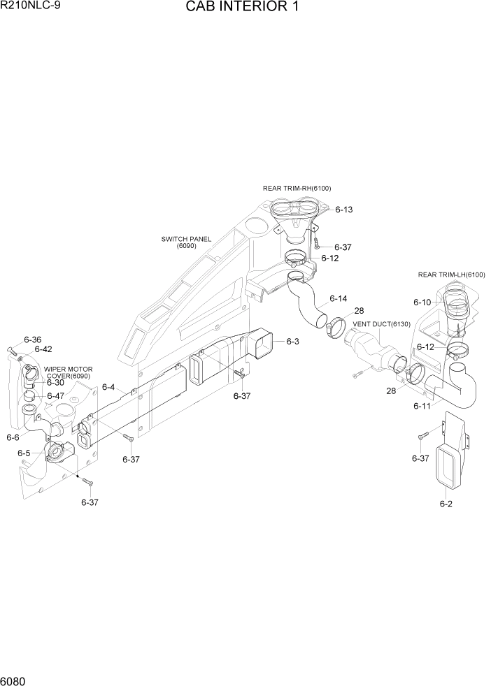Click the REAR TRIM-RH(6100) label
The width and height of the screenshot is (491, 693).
(x=297, y=188)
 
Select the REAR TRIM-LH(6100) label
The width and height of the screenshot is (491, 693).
(x=451, y=275)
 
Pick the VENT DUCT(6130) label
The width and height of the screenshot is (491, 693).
(x=380, y=324)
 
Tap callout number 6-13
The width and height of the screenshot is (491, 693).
(x=343, y=210)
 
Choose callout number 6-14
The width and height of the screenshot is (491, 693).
(x=338, y=298)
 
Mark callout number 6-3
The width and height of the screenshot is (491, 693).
(x=292, y=342)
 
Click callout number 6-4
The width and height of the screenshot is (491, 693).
(x=108, y=386)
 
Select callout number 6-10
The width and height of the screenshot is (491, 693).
(x=422, y=302)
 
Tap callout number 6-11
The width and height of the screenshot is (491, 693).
(x=422, y=406)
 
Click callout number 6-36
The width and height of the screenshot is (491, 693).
(x=32, y=340)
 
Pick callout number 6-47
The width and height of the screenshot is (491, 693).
(x=55, y=396)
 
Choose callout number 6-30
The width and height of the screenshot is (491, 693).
(x=55, y=382)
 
